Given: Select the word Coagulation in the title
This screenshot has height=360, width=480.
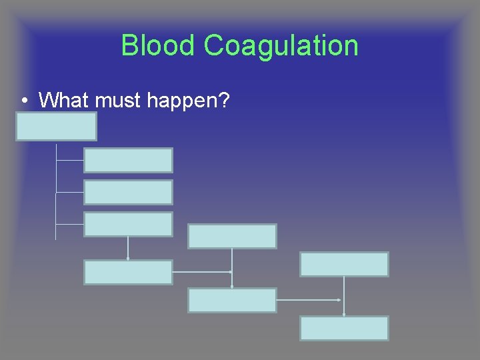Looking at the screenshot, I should (281, 45).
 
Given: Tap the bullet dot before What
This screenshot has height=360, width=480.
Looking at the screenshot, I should (24, 101).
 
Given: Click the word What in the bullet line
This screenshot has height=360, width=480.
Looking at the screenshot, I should (65, 101).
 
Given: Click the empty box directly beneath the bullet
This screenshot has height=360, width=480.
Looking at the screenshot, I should (57, 126).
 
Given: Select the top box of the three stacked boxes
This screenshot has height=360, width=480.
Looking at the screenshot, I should (128, 160).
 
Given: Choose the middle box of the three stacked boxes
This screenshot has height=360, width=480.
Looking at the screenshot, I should (128, 192).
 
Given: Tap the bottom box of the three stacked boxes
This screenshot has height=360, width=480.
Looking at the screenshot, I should (128, 224).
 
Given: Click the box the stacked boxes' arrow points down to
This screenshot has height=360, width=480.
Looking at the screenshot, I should (128, 272).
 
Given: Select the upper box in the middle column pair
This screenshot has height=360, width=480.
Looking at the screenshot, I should (232, 236).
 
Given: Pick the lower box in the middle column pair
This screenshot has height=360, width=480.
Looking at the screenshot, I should (232, 300).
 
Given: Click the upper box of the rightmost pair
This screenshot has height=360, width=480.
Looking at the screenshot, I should (344, 264).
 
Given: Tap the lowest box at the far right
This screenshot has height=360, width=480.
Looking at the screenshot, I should (344, 328).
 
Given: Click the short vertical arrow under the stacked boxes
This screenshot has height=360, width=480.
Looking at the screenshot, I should (128, 248).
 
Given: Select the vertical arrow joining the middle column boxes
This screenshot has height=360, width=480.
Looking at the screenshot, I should (232, 268).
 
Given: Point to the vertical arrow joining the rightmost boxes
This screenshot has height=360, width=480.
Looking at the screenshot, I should (344, 296).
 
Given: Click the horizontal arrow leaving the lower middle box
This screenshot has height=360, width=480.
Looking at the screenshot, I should (309, 300).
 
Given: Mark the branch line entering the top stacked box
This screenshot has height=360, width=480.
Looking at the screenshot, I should (70, 160).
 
